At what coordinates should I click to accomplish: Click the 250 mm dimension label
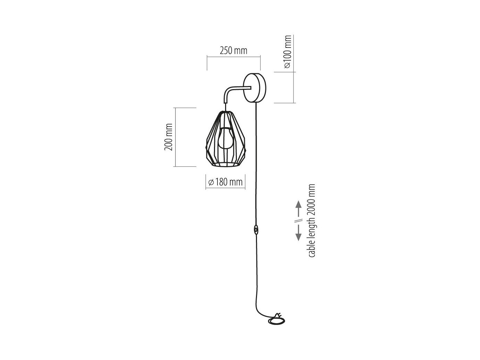point(233,51)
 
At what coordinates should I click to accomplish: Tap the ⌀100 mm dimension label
point(288,52)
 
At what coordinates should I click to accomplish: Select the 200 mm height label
point(169,137)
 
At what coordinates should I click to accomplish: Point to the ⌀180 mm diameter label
point(225,182)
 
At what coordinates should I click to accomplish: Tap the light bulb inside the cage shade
point(225,139)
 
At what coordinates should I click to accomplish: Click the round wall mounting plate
point(255,88)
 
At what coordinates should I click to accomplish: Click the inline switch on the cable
point(256,230)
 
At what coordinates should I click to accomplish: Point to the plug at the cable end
point(278,315)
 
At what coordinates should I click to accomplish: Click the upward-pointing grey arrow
point(299,208)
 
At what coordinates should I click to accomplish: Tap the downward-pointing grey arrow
point(299,233)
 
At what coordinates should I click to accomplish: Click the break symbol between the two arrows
point(299,221)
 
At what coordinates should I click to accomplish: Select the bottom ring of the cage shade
point(225,165)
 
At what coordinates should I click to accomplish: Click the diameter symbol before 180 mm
point(211,182)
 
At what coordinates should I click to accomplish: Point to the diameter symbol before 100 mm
point(288,65)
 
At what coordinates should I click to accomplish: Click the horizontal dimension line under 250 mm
point(233,57)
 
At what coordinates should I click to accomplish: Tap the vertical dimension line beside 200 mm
point(175,137)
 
